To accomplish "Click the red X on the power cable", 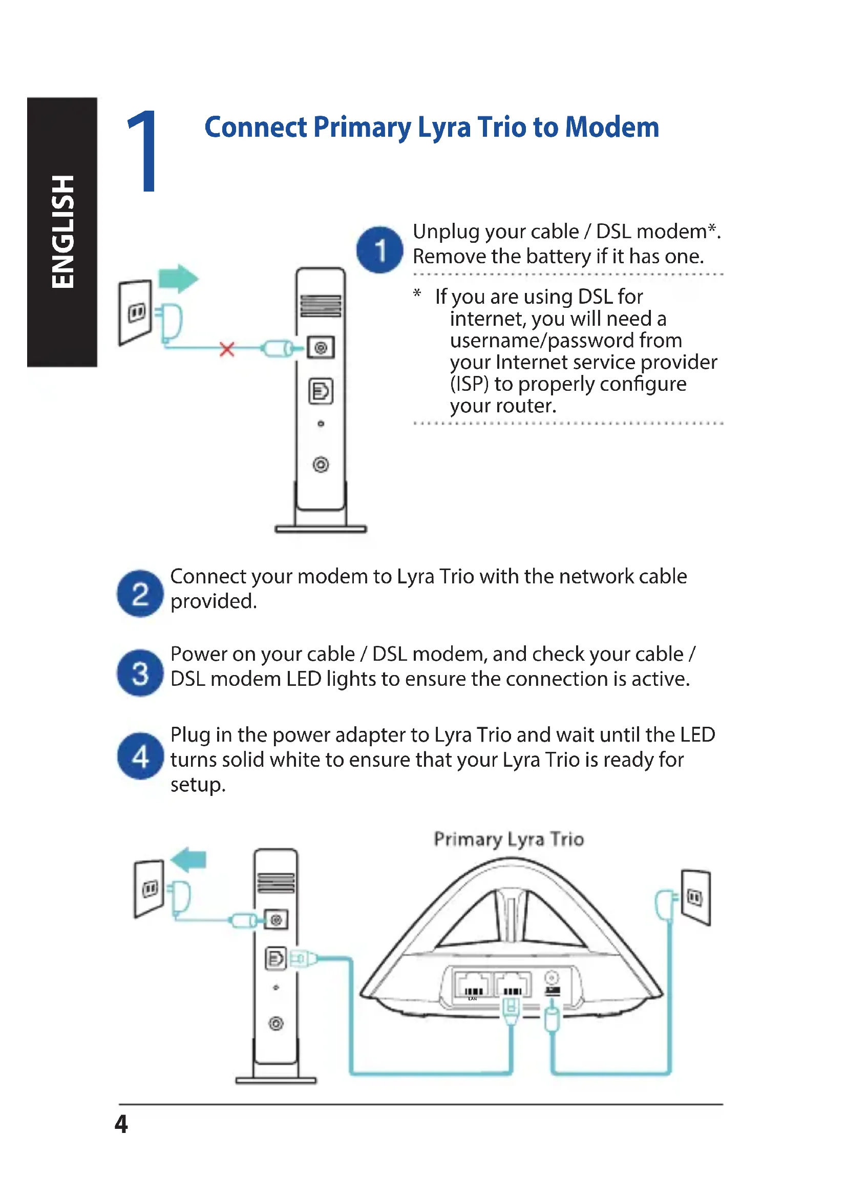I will tap(227, 349).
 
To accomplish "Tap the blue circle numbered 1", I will tap(379, 250).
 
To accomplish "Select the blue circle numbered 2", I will tap(140, 594).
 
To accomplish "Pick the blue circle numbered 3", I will tap(140, 673).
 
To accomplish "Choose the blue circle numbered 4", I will tap(140, 756).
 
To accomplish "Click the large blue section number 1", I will tap(143, 151).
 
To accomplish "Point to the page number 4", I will tap(121, 1125).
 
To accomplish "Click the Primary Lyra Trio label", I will tap(509, 839).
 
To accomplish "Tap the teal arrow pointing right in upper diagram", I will tap(178, 278).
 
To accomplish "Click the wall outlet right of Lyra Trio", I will tap(695, 897).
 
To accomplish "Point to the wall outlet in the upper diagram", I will tap(136, 312).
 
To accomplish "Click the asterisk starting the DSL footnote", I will tap(417, 294).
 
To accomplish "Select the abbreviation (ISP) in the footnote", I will tap(470, 385).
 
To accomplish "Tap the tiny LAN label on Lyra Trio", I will tap(473, 999).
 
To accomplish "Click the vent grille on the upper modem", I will tap(321, 306).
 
